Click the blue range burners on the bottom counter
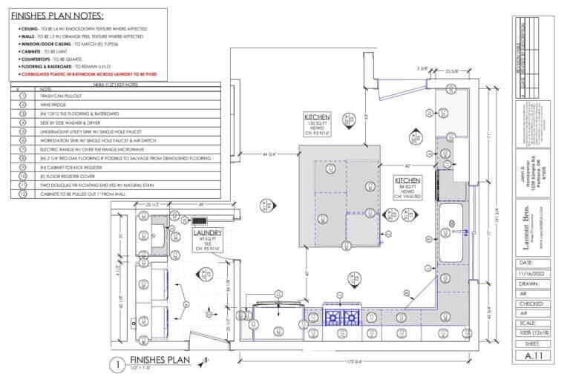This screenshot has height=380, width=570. [342, 318]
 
